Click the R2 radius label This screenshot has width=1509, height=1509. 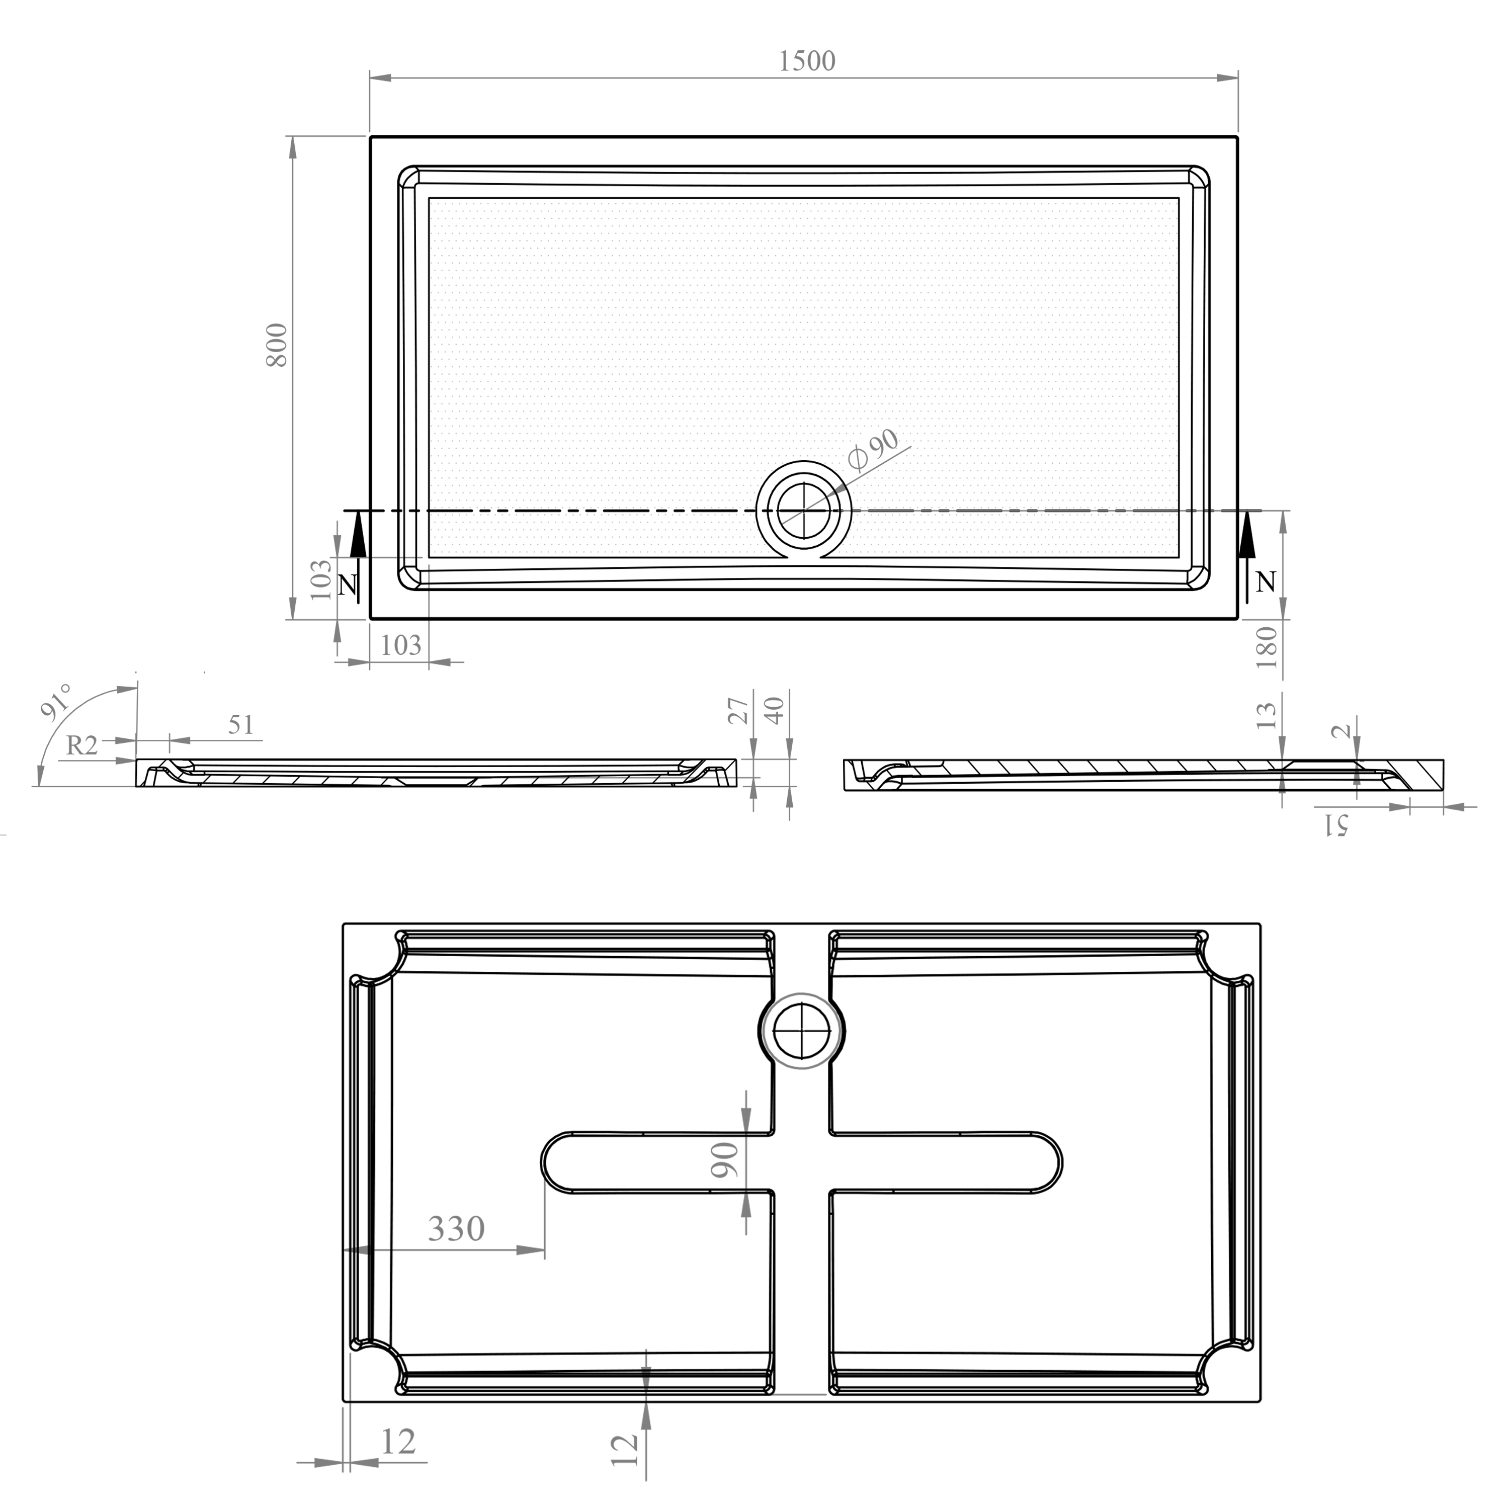(82, 746)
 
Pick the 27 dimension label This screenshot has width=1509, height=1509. (739, 711)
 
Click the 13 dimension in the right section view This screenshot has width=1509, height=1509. (1267, 715)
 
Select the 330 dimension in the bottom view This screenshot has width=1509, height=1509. (456, 1229)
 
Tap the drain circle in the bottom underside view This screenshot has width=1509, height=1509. (802, 1031)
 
